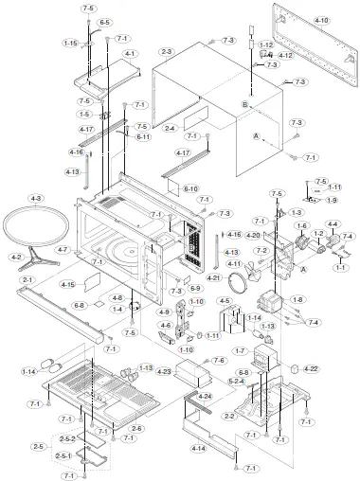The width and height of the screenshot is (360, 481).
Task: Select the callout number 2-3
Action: pos(167,51)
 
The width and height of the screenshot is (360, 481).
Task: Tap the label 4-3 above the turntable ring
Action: pos(36,198)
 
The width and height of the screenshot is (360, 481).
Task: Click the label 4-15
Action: pos(67,284)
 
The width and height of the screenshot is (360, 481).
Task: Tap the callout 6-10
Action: pos(190,188)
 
